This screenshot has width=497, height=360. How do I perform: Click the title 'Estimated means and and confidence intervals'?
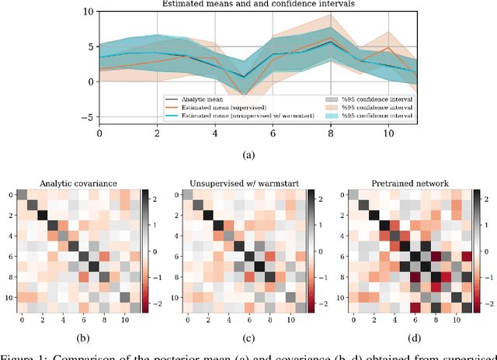pyautogui.click(x=248, y=5)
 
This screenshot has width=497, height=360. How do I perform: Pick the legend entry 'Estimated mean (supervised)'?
pyautogui.click(x=222, y=107)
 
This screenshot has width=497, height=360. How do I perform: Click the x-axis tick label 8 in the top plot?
pyautogui.click(x=332, y=133)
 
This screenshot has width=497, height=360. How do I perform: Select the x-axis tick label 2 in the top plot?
pyautogui.click(x=157, y=133)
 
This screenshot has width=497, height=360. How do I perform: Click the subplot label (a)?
pyautogui.click(x=248, y=154)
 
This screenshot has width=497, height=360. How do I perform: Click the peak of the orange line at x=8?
pyautogui.click(x=332, y=37)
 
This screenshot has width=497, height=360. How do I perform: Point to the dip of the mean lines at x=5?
pyautogui.click(x=245, y=77)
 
